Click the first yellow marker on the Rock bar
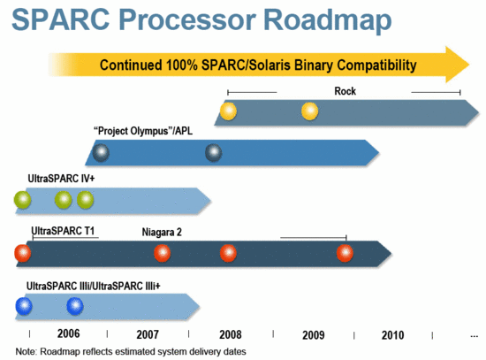click(x=228, y=111)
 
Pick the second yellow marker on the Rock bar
click(x=310, y=111)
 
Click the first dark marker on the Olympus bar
click(x=102, y=152)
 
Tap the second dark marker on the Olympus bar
click(x=213, y=152)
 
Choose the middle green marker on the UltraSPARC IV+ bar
click(x=64, y=200)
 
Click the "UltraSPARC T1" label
click(x=64, y=232)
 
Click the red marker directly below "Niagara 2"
click(x=162, y=254)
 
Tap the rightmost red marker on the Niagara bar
click(x=345, y=254)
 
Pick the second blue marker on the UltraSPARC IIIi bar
click(x=75, y=306)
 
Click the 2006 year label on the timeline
click(x=69, y=335)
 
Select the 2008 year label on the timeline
click(x=231, y=335)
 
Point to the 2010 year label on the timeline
click(x=393, y=335)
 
